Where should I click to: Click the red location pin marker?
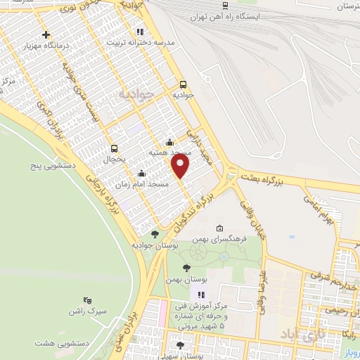[x=181, y=166]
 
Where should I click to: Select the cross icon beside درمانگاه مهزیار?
[x=46, y=34]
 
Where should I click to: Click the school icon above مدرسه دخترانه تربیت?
[x=140, y=32]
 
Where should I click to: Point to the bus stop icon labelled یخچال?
[x=114, y=148]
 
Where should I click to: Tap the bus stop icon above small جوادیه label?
[x=183, y=82]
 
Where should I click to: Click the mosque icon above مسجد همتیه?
[x=170, y=141]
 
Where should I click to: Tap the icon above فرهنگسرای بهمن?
[x=220, y=229]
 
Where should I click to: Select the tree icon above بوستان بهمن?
[x=186, y=268]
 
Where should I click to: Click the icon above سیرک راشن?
[x=87, y=300]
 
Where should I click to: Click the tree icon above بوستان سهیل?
[x=180, y=345]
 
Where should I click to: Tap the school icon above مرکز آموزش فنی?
[x=200, y=295]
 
